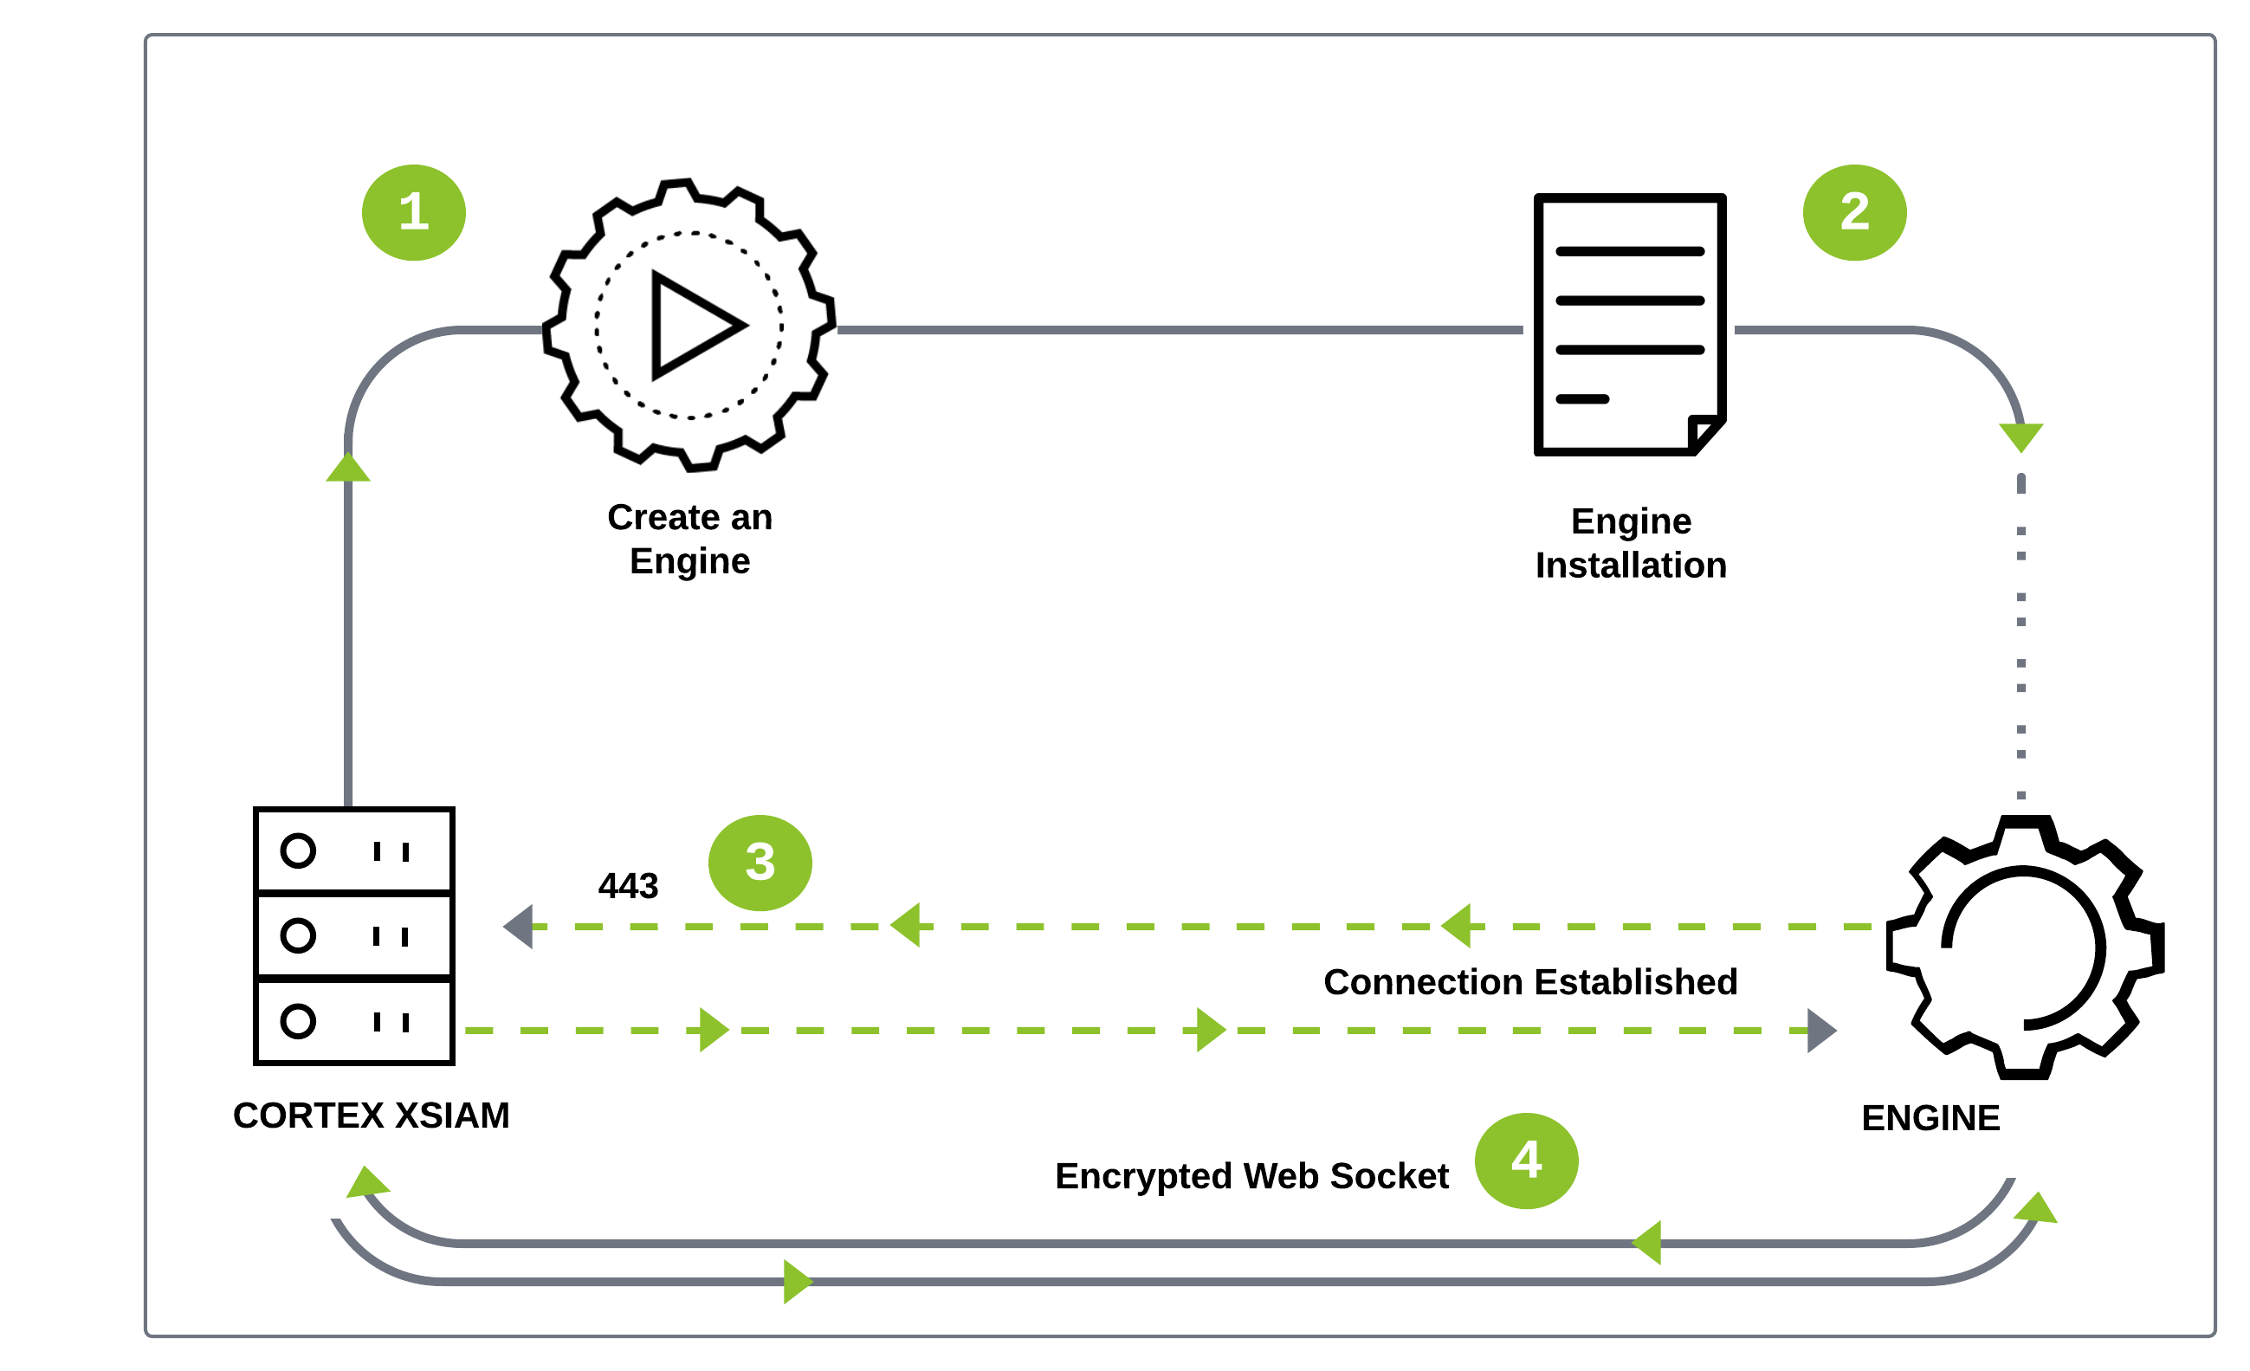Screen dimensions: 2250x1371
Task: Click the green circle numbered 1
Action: point(414,213)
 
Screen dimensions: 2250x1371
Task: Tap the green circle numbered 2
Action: point(1854,213)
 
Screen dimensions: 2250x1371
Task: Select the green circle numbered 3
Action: point(760,863)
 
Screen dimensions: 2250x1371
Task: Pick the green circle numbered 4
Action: point(1527,1161)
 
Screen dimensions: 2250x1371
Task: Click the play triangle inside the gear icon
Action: point(692,325)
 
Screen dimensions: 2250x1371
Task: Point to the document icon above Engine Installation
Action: point(1630,324)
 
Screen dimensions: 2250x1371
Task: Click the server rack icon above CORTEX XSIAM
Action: point(354,935)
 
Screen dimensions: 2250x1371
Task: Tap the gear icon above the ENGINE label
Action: point(2025,947)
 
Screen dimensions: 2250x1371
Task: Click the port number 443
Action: point(628,886)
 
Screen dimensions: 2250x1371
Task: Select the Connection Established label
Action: point(1530,982)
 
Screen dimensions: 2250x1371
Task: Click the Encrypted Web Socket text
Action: point(1252,1176)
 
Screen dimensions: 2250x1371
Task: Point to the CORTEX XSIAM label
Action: point(371,1116)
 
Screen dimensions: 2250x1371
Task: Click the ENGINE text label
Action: point(1930,1118)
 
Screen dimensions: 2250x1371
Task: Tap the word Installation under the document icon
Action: point(1631,566)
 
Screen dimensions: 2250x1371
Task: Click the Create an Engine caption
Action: point(690,539)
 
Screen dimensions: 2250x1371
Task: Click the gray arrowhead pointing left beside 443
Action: point(518,927)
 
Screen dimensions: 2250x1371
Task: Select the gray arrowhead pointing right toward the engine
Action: point(1821,1031)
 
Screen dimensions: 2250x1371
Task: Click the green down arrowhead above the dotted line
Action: point(2020,437)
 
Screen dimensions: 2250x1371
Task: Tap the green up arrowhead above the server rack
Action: point(348,468)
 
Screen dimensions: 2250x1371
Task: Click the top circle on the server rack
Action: point(298,850)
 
